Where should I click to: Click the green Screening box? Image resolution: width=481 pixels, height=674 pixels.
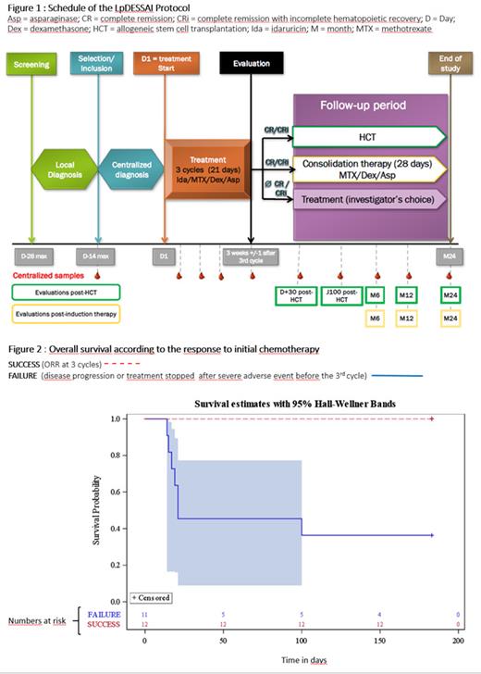[x=34, y=68]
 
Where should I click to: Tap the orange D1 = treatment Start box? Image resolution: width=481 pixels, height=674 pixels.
[x=166, y=68]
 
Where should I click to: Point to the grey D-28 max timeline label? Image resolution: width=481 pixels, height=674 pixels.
[x=33, y=253]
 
